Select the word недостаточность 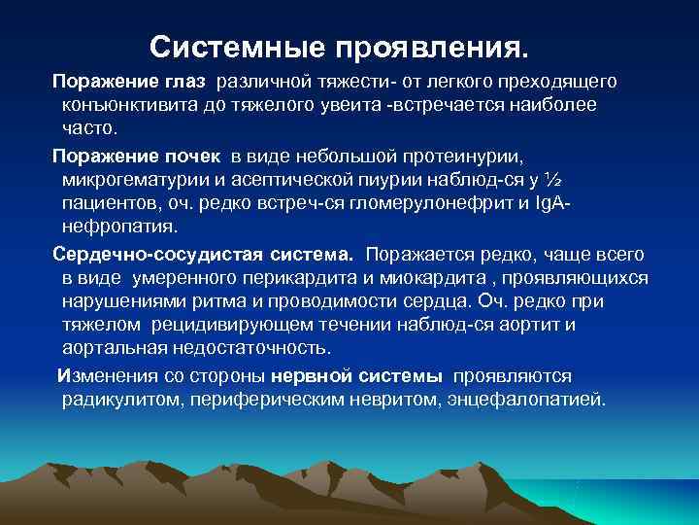264,348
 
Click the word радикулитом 116,401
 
